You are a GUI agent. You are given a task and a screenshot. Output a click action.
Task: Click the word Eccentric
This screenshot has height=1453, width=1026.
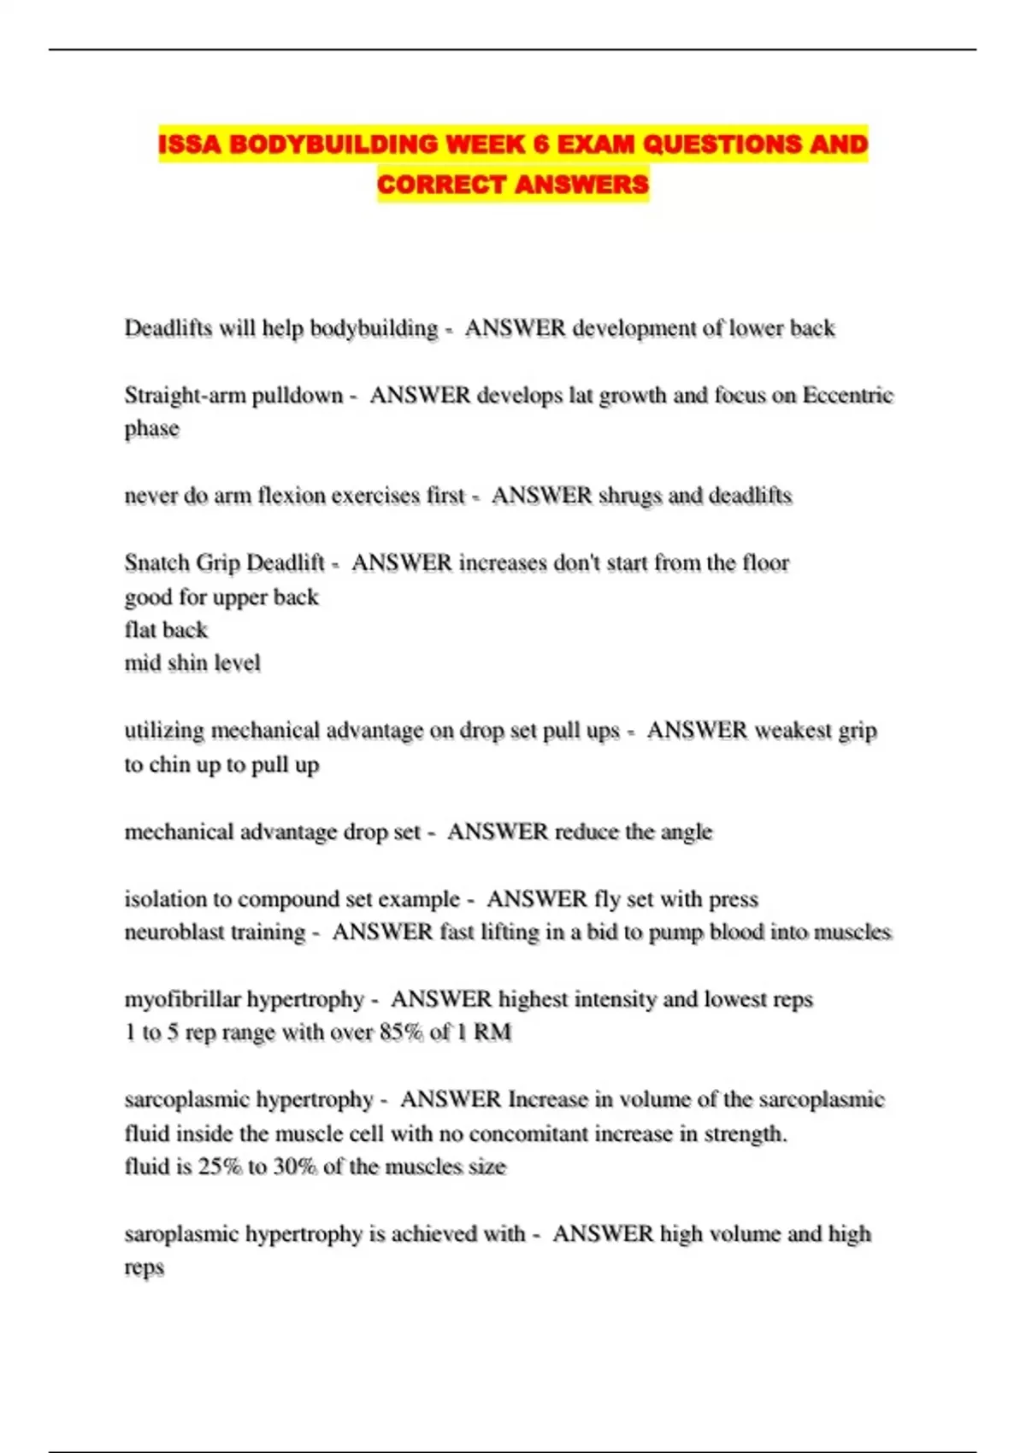847,395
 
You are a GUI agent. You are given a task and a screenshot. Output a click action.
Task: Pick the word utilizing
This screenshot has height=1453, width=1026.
164,731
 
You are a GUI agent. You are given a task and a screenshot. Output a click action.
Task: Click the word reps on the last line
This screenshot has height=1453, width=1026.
144,1268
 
